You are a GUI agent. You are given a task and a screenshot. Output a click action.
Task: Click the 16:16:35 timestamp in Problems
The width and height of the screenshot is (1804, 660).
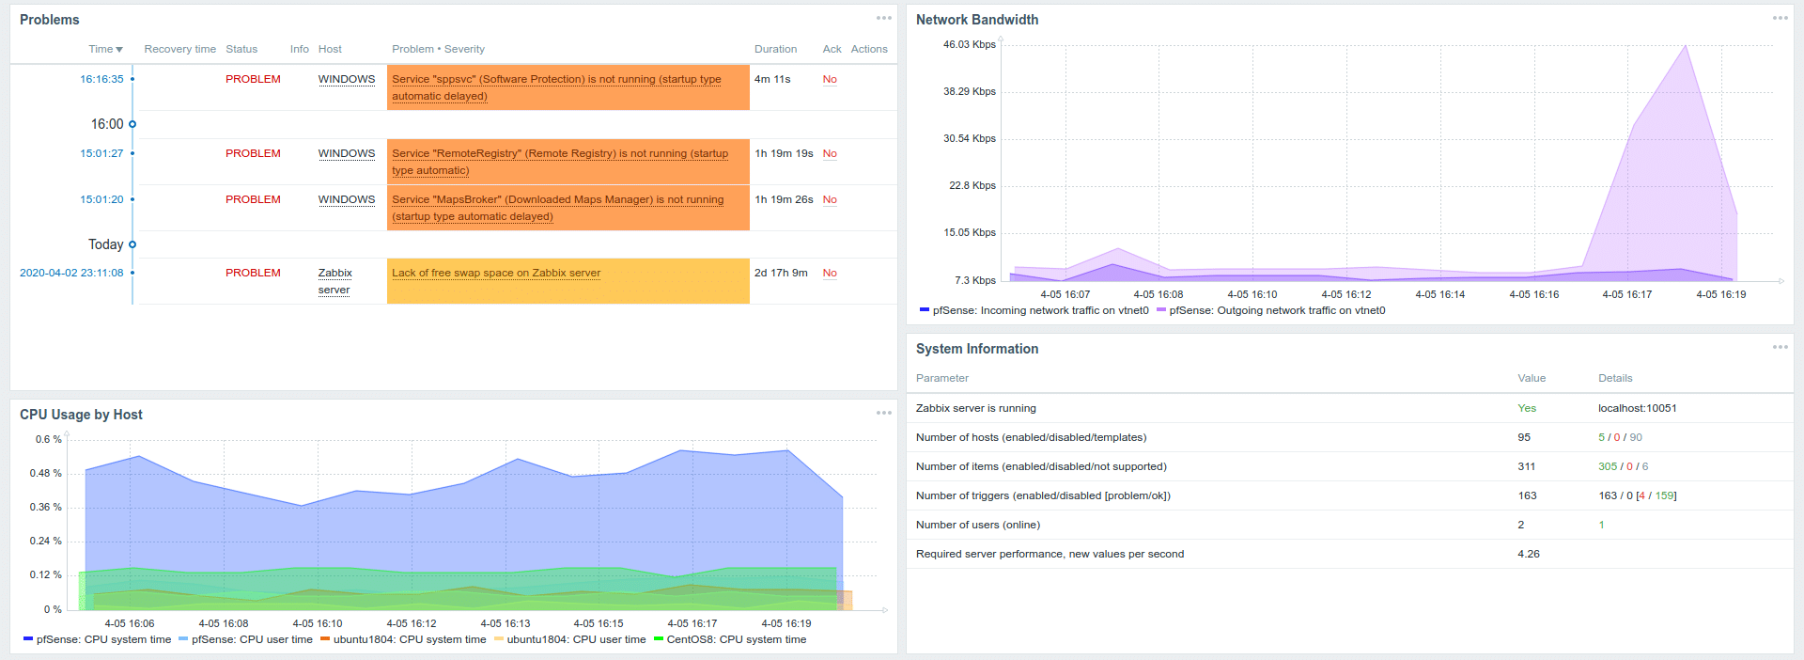pos(101,79)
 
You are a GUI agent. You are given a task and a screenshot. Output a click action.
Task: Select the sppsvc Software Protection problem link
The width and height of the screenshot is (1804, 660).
pos(556,80)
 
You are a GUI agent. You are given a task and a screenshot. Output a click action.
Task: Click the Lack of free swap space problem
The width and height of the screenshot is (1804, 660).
pos(496,273)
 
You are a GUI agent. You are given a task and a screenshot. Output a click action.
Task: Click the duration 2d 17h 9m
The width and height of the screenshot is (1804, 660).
pos(781,273)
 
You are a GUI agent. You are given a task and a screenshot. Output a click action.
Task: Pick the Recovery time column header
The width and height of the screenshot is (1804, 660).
pos(179,49)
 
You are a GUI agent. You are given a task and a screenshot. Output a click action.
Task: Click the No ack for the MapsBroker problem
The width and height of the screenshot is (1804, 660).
pos(830,199)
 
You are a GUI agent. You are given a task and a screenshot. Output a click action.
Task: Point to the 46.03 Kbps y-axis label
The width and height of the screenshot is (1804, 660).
pos(969,44)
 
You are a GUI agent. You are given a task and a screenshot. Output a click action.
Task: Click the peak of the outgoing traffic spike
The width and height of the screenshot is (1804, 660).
pos(1686,46)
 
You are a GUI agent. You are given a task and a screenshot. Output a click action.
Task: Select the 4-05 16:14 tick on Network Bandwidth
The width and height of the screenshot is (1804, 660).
pos(1439,294)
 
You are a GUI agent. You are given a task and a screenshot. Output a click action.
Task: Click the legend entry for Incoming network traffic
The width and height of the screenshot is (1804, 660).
pos(1040,310)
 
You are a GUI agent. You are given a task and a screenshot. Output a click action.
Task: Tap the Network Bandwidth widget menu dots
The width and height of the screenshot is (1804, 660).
pos(1780,19)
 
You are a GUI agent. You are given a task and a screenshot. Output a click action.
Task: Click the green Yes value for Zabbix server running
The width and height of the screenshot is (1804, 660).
pos(1527,408)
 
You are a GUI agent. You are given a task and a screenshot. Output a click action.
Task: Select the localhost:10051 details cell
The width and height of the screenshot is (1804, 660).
pos(1637,408)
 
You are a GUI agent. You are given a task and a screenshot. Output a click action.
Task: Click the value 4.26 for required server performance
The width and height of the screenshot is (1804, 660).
pos(1529,554)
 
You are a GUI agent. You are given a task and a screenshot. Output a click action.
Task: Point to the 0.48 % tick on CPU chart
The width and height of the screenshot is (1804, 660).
pos(45,473)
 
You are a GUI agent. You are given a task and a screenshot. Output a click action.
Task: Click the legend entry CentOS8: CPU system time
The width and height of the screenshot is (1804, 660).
pos(736,639)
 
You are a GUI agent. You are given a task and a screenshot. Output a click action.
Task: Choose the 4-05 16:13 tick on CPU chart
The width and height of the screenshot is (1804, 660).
pos(505,623)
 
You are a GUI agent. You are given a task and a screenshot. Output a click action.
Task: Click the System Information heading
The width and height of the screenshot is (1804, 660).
pos(977,349)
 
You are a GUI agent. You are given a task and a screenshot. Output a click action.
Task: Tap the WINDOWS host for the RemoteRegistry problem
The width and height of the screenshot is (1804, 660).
pos(346,153)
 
